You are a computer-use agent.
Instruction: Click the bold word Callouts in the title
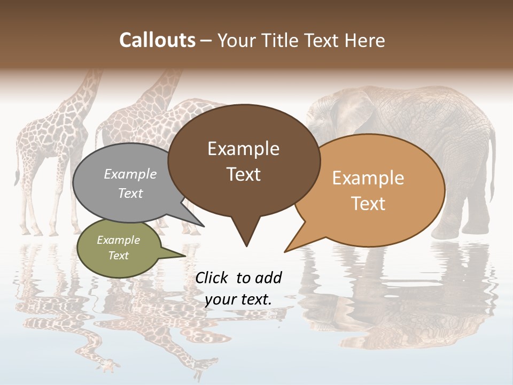[x=157, y=40]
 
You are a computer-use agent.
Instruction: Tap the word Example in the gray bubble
[x=130, y=174]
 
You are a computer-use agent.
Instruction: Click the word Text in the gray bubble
[x=130, y=193]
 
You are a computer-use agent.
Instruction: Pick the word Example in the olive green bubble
[x=119, y=240]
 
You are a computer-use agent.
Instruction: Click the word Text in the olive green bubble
[x=119, y=256]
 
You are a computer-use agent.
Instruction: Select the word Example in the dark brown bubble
[x=243, y=149]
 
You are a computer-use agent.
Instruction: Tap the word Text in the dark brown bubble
[x=243, y=174]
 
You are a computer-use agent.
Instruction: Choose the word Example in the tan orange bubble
[x=368, y=178]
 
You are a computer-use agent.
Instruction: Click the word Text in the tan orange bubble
[x=368, y=204]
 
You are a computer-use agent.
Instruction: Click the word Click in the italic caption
[x=212, y=278]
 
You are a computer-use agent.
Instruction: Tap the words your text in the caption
[x=238, y=299]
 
